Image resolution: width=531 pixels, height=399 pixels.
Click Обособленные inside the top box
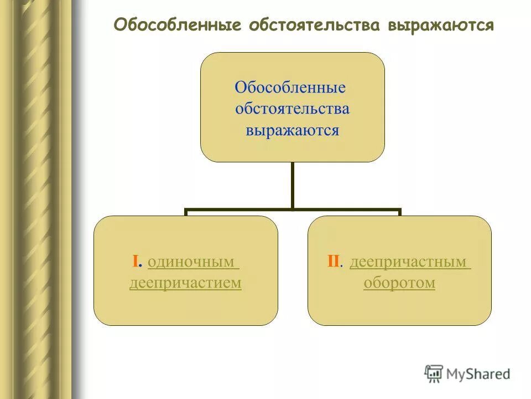click(290, 88)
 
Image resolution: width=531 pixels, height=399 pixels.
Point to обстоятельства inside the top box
click(292, 108)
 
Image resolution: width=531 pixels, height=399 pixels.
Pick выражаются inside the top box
click(292, 130)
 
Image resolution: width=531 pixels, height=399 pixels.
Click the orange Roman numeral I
click(135, 262)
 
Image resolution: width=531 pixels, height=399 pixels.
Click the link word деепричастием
click(185, 283)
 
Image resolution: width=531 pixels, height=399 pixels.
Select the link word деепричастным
click(409, 262)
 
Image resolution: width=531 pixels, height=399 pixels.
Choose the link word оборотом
click(399, 283)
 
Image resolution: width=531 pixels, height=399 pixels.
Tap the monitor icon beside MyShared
click(434, 374)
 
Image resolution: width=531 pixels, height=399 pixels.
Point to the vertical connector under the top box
click(292, 185)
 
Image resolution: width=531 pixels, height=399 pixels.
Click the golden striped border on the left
click(36, 199)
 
